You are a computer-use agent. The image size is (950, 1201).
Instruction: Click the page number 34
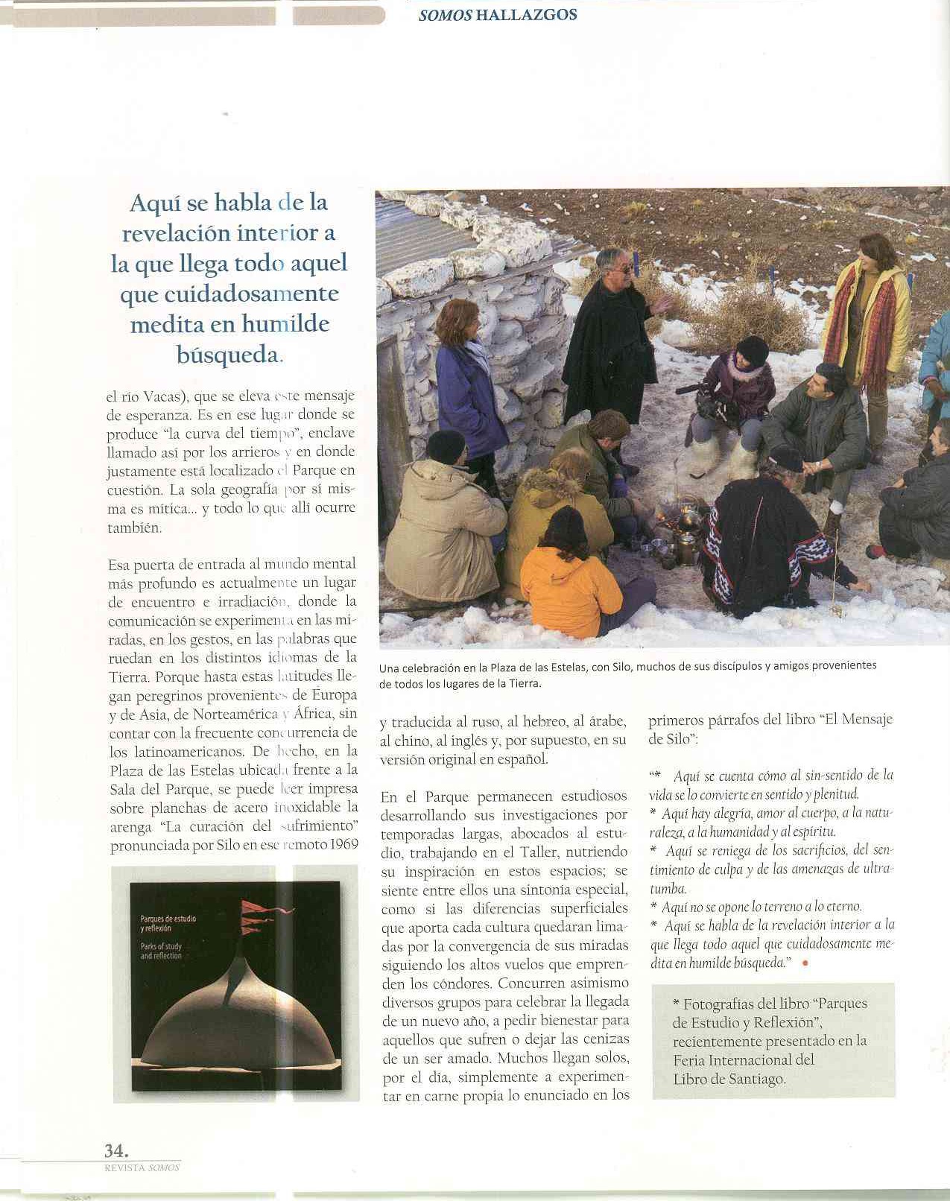point(115,1150)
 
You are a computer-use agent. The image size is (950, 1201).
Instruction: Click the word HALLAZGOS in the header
point(526,15)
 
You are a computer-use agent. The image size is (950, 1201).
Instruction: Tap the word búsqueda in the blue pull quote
point(227,355)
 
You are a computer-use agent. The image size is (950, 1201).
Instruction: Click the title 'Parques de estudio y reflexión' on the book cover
point(168,923)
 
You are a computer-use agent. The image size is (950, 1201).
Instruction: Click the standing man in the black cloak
point(607,335)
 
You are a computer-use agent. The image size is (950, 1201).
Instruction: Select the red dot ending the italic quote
point(804,963)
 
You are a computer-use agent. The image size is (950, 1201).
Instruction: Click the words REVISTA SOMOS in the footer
point(142,1167)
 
